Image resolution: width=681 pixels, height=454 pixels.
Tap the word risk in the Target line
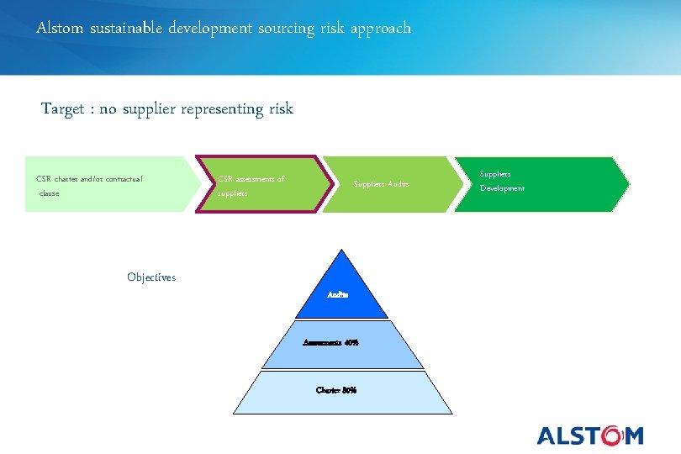click(x=281, y=109)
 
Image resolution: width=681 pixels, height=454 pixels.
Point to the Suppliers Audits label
click(x=381, y=184)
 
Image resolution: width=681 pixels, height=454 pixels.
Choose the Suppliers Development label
click(x=502, y=181)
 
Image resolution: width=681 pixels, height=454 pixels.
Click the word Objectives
click(x=151, y=277)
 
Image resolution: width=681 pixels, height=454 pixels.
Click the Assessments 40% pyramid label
click(x=331, y=342)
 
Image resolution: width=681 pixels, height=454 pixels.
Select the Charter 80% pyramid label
click(x=336, y=389)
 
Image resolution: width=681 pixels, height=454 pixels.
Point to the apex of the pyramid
click(x=340, y=251)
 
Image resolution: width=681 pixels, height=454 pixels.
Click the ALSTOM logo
click(x=590, y=436)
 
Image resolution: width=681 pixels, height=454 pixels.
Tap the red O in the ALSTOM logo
click(x=611, y=436)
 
